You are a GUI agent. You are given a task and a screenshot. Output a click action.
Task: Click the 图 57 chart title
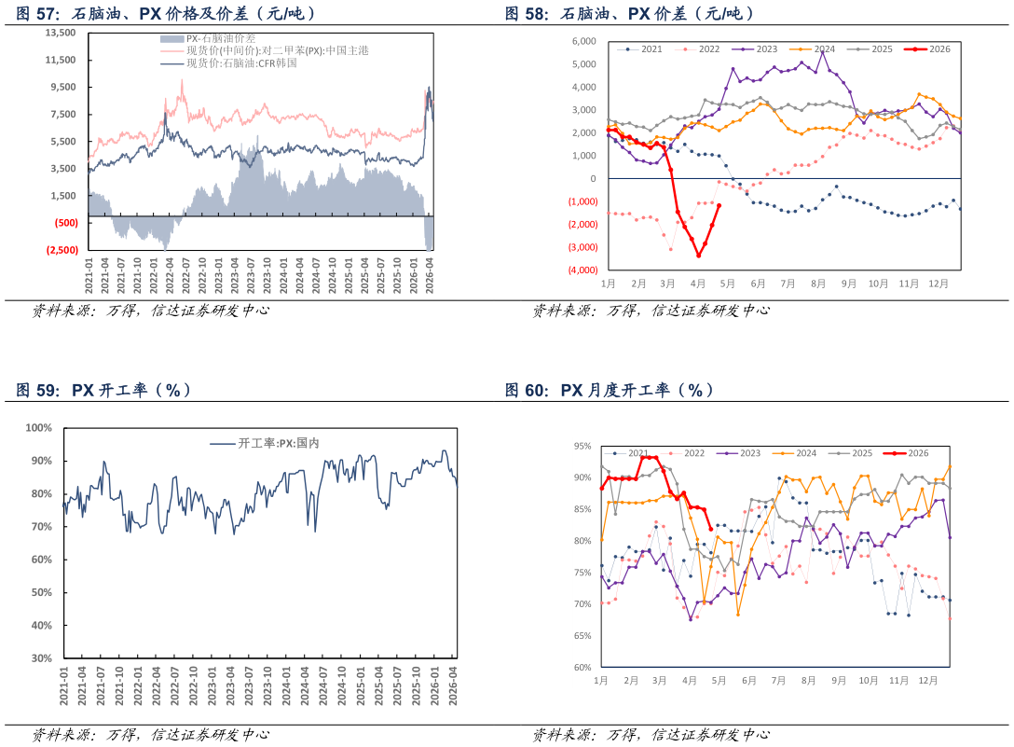[x=166, y=14]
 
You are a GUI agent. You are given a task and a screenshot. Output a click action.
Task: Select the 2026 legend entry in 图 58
[x=927, y=49]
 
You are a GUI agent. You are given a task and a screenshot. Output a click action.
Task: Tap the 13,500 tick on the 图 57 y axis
[x=61, y=33]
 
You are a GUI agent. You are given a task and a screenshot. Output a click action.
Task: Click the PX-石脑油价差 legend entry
[x=208, y=39]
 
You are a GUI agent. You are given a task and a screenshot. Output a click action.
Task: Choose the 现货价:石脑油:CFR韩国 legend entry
[x=229, y=62]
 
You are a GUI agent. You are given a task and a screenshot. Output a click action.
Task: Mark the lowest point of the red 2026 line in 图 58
[x=698, y=255]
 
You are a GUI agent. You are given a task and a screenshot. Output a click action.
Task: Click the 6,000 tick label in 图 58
[x=584, y=41]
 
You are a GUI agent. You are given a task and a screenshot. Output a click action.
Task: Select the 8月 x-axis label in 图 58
[x=818, y=284]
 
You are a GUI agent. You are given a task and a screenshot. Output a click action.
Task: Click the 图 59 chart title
[x=103, y=391]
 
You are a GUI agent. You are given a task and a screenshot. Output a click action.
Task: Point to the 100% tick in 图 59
[x=39, y=428]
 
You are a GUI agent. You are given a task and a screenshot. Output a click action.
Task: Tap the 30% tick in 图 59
[x=41, y=658]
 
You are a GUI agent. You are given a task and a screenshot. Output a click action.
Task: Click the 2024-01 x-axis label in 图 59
[x=286, y=685]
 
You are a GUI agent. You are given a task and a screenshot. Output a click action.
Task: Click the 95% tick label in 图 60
[x=582, y=446]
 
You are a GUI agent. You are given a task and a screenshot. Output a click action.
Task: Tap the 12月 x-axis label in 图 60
[x=928, y=681]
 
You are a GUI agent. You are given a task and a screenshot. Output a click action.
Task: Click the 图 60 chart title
[x=610, y=391]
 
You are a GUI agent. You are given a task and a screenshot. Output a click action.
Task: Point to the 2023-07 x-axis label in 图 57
[x=251, y=276]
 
